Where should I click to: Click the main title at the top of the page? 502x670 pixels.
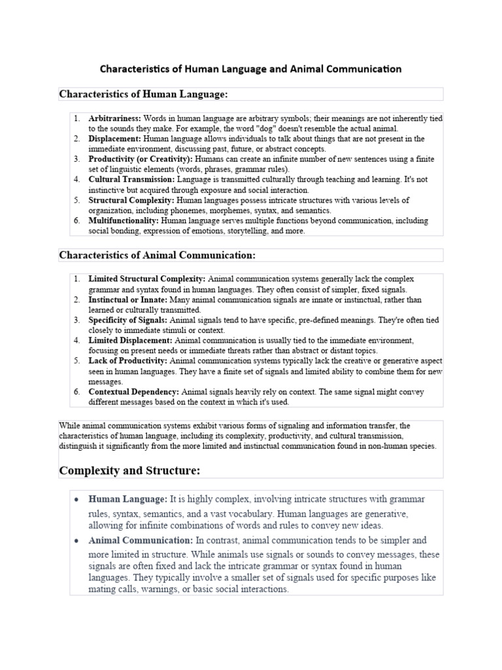(x=250, y=68)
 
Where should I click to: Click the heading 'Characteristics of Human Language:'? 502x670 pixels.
(x=143, y=94)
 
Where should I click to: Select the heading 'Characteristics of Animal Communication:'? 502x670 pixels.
(x=158, y=255)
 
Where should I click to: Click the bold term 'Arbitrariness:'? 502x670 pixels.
(x=114, y=118)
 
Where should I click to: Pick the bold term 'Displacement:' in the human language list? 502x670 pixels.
(x=114, y=139)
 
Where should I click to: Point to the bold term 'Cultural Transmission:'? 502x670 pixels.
(x=131, y=179)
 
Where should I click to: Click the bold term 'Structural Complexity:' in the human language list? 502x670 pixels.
(x=131, y=200)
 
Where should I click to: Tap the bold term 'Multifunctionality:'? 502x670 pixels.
(x=124, y=221)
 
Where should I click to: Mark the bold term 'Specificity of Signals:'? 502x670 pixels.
(x=129, y=320)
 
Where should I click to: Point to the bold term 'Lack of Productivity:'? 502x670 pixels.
(x=128, y=361)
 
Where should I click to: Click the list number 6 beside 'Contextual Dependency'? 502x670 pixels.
(x=76, y=392)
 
